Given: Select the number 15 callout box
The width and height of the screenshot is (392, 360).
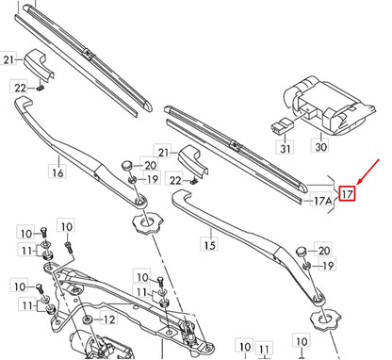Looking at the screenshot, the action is (x=209, y=244).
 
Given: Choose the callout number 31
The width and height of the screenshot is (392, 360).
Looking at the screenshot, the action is (x=283, y=147).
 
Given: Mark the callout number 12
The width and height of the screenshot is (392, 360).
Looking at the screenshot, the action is (x=108, y=319).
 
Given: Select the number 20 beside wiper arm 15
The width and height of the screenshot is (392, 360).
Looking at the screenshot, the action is (x=324, y=250).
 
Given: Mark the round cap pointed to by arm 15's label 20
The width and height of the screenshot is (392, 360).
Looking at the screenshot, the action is (x=300, y=253).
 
